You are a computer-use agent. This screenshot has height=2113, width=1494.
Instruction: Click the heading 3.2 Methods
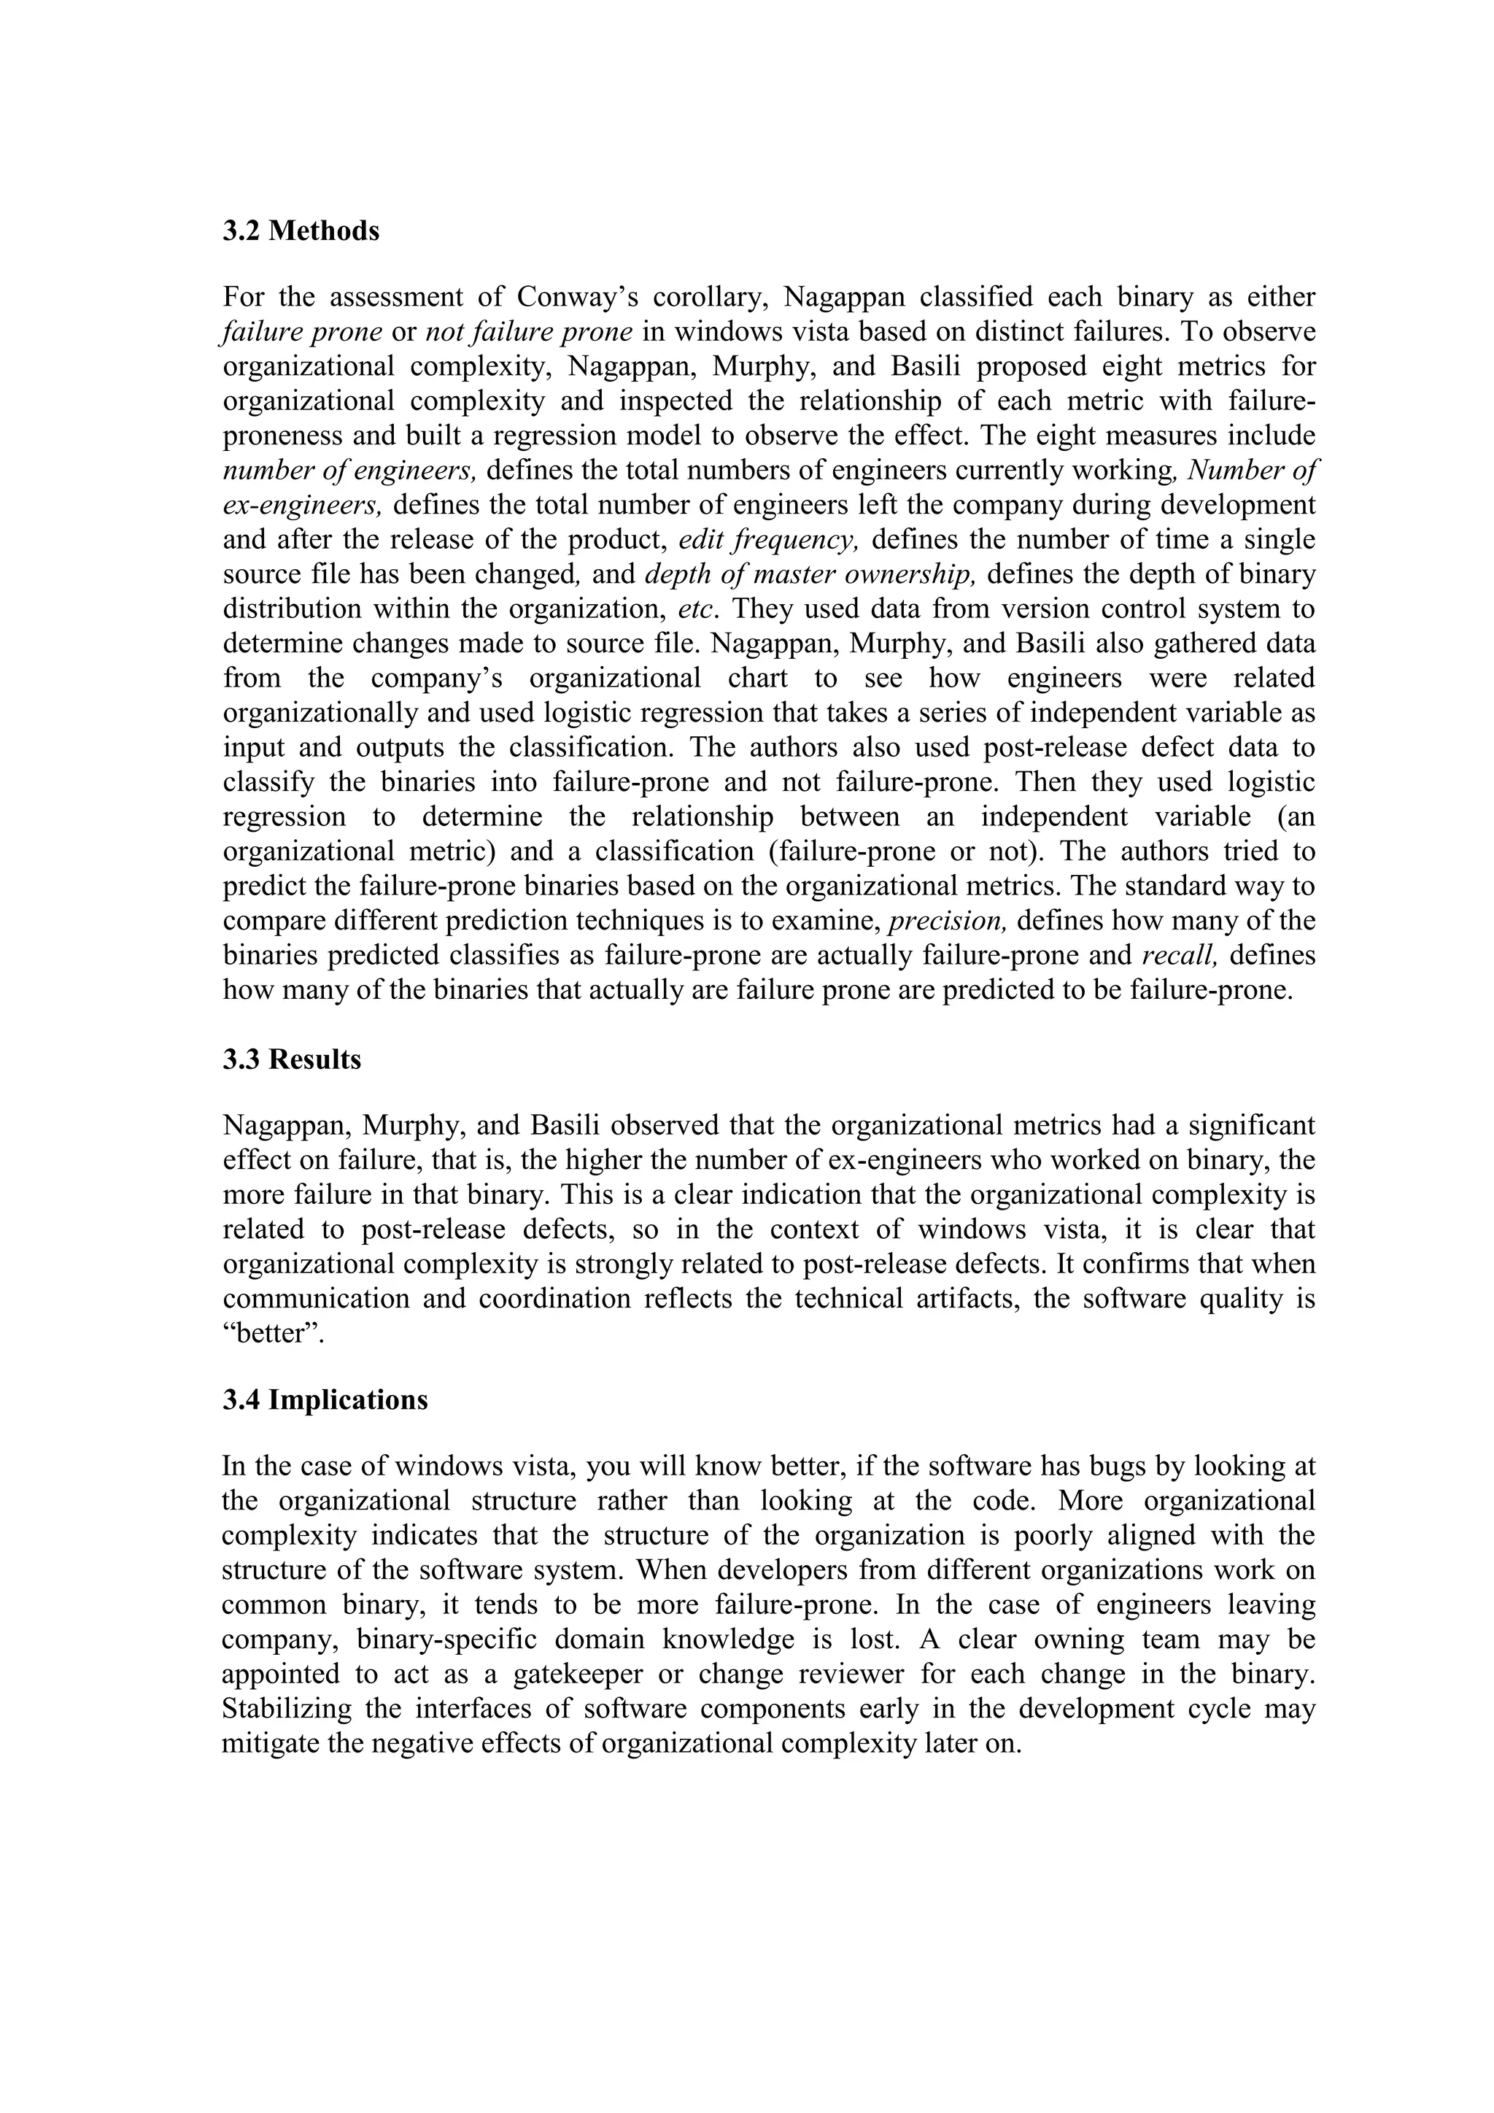pos(301,231)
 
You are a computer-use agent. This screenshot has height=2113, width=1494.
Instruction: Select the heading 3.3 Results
pos(292,1059)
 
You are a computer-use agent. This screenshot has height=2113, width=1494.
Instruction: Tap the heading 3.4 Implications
pos(325,1399)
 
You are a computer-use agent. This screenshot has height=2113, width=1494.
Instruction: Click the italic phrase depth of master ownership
pos(810,574)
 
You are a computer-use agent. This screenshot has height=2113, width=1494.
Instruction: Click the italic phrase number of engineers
pos(349,471)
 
